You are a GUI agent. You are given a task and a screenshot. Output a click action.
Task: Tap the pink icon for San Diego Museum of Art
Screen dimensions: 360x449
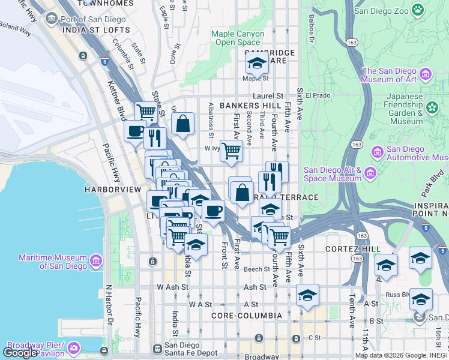tap(426, 75)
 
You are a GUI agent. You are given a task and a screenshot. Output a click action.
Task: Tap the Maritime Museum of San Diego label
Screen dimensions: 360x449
tap(52, 261)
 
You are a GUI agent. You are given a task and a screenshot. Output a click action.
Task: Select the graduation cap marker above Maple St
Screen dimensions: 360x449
tap(257, 62)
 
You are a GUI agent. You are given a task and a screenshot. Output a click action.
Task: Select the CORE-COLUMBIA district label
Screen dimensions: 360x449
tap(246, 315)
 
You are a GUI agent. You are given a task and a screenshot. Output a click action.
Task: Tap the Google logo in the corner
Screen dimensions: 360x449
tap(20, 353)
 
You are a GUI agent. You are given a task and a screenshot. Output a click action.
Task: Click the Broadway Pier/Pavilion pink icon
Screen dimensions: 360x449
tap(74, 348)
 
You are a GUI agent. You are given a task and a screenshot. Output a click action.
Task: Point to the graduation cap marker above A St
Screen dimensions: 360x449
tap(307, 295)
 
